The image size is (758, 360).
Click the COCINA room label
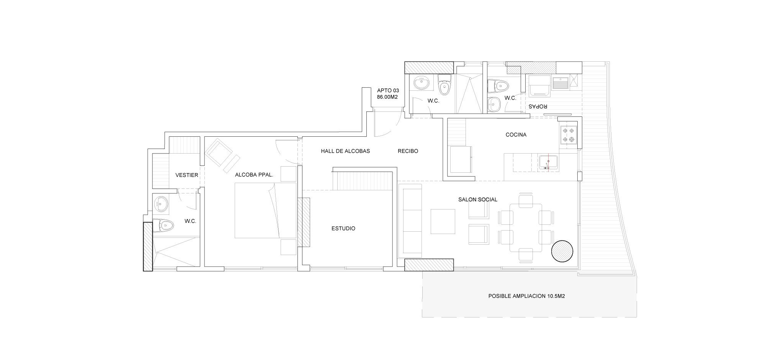point(516,135)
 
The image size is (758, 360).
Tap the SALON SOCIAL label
point(477,200)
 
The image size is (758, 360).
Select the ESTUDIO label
point(343,229)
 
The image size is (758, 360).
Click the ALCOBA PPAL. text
point(254,175)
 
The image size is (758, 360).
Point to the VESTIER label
point(186,175)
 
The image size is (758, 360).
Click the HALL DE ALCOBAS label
point(345,151)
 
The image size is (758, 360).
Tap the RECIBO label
point(408,151)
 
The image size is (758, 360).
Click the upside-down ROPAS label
point(538,106)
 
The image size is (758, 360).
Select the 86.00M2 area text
point(387,97)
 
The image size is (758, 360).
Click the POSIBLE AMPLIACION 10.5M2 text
point(526,296)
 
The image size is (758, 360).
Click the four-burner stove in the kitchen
point(568,135)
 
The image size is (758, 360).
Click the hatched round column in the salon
point(562,251)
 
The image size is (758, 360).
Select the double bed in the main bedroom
point(265,210)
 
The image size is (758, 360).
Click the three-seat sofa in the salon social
point(410,221)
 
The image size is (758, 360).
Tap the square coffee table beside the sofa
point(443,221)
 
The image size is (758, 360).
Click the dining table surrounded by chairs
point(526,227)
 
